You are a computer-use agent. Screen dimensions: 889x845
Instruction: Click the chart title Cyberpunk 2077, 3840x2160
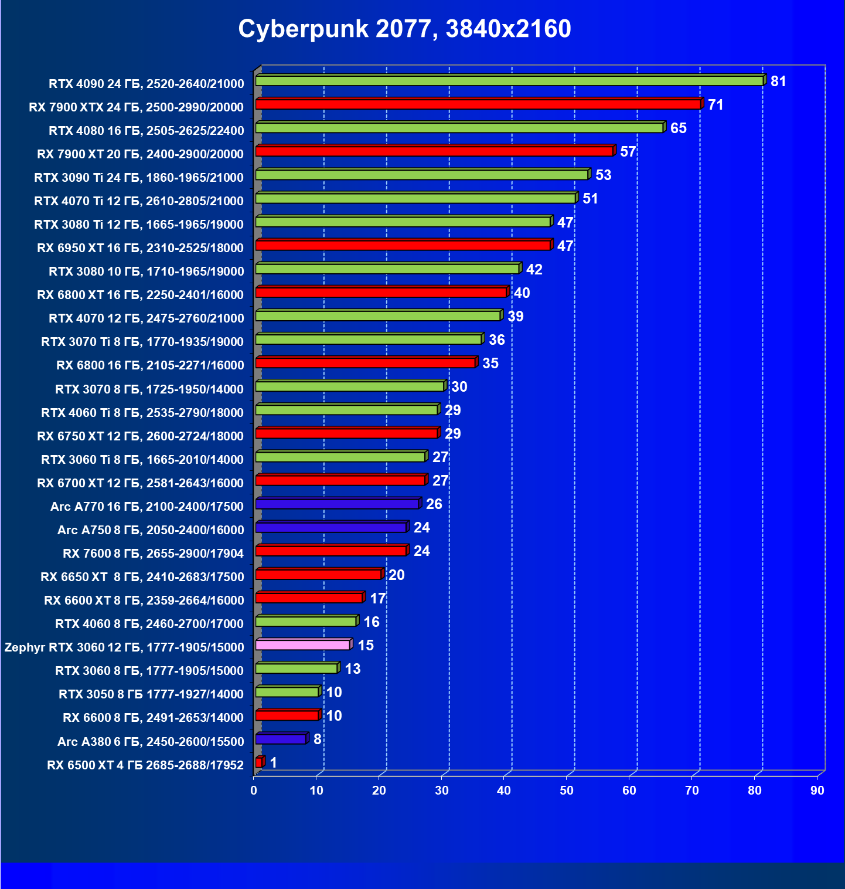[404, 29]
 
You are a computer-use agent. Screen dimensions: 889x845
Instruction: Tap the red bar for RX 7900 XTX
[478, 104]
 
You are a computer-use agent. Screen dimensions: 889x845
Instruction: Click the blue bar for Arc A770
[337, 504]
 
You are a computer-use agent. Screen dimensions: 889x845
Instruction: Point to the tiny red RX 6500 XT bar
[259, 762]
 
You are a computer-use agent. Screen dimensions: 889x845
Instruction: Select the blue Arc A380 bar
[281, 739]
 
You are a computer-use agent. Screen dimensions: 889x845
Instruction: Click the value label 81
[778, 82]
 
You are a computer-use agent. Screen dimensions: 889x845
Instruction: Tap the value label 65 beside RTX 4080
[678, 128]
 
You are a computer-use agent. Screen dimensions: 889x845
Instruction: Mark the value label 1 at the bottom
[273, 763]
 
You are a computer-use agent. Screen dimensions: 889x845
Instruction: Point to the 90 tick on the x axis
[817, 790]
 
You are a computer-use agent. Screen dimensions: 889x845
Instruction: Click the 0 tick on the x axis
[254, 790]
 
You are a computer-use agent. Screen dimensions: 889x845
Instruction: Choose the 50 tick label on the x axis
[567, 790]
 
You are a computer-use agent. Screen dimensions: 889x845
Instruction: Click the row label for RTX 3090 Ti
[139, 178]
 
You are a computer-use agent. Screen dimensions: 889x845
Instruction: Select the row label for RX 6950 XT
[140, 248]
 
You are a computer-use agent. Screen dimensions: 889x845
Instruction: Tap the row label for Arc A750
[151, 530]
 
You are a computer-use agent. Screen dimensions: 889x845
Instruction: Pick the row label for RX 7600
[153, 554]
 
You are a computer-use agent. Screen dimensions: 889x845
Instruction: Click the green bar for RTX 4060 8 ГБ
[305, 622]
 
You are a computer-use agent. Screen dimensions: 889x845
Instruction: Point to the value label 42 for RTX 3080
[534, 270]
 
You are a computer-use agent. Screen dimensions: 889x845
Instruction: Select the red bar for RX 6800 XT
[381, 292]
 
